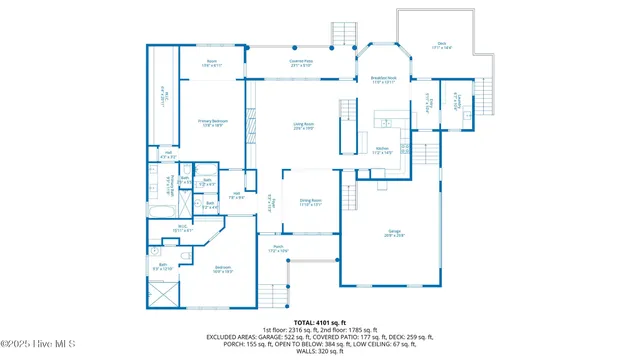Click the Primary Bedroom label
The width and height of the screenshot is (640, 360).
(x=212, y=123)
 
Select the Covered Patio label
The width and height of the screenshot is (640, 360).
(x=301, y=63)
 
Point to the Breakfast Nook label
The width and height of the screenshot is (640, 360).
(x=384, y=80)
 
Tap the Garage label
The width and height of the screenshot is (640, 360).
(x=396, y=234)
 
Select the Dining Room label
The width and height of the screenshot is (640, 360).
(x=311, y=202)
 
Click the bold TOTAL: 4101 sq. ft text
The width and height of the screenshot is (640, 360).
(x=319, y=322)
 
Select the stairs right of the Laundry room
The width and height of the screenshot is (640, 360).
(x=487, y=100)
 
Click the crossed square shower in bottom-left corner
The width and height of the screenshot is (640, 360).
(x=162, y=295)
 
